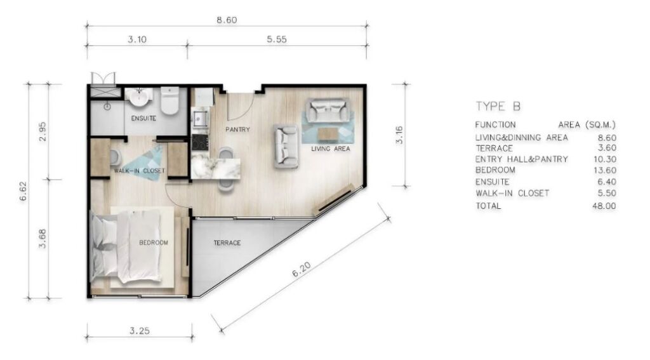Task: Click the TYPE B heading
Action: tap(498, 107)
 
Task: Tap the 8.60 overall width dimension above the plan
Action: tap(227, 20)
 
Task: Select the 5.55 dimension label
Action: tap(277, 39)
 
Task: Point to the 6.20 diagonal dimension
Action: tap(302, 270)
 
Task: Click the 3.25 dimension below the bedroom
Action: tap(139, 331)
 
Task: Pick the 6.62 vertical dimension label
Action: tap(23, 191)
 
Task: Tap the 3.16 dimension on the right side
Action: tap(399, 135)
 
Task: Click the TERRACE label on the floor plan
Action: tap(227, 243)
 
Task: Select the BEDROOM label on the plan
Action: tap(154, 242)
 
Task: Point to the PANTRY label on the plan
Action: tap(237, 130)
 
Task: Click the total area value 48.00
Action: tap(604, 206)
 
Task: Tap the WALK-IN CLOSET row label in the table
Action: tap(512, 193)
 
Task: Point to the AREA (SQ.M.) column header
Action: tap(587, 125)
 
